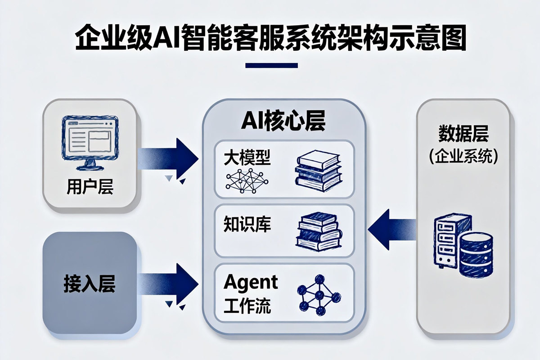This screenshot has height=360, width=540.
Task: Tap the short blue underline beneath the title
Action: pyautogui.click(x=271, y=66)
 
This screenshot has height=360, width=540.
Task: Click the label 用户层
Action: pyautogui.click(x=90, y=187)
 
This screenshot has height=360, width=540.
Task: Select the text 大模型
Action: pyautogui.click(x=247, y=158)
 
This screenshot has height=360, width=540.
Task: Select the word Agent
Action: pyautogui.click(x=251, y=283)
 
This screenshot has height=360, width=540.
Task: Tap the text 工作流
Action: pyautogui.click(x=247, y=306)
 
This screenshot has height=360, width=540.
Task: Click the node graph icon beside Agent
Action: pyautogui.click(x=319, y=296)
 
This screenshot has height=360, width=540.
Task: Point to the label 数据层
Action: pyautogui.click(x=463, y=134)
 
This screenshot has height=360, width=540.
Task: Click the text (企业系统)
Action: pyautogui.click(x=463, y=156)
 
